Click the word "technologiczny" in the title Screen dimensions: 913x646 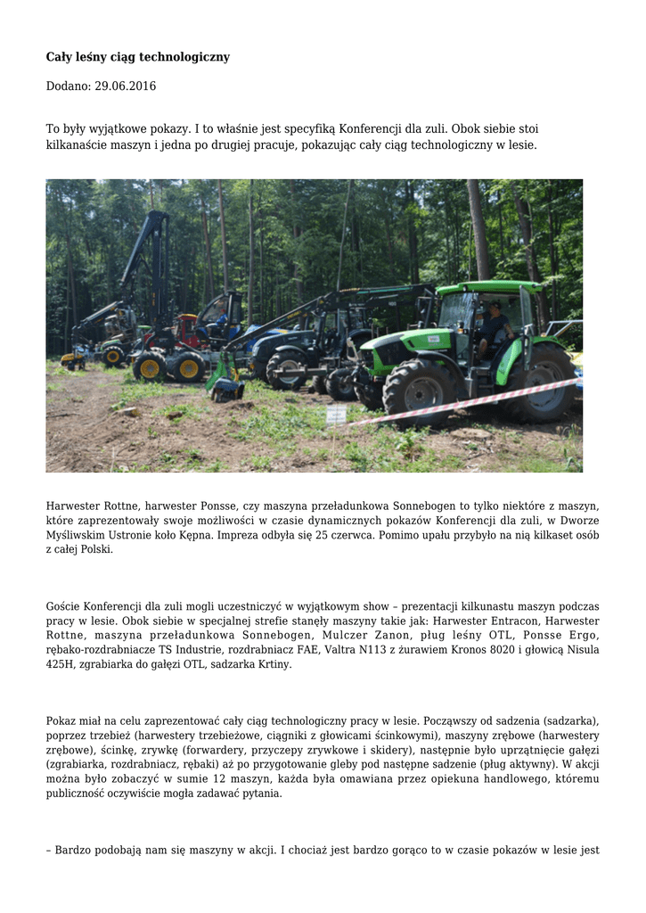point(189,57)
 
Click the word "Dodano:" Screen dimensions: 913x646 point(68,86)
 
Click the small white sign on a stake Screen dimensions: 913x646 point(337,414)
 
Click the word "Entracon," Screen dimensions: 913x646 point(511,621)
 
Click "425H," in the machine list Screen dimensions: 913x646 point(61,664)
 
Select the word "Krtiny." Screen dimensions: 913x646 point(272,664)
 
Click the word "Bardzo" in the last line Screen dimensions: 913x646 point(74,851)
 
